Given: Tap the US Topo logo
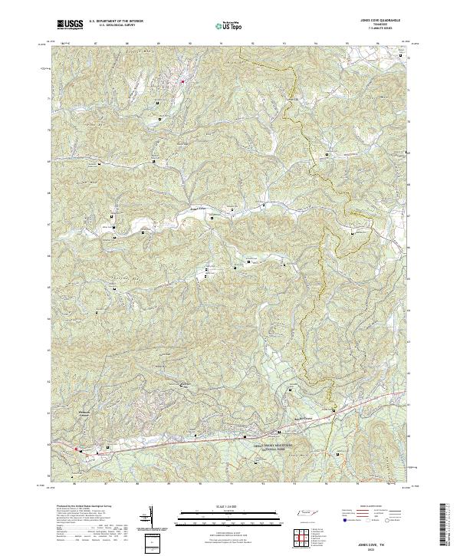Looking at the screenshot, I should click(x=228, y=25).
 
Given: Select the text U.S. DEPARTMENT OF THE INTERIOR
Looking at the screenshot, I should click(x=114, y=21).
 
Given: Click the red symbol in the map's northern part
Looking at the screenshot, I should click(x=182, y=81).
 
